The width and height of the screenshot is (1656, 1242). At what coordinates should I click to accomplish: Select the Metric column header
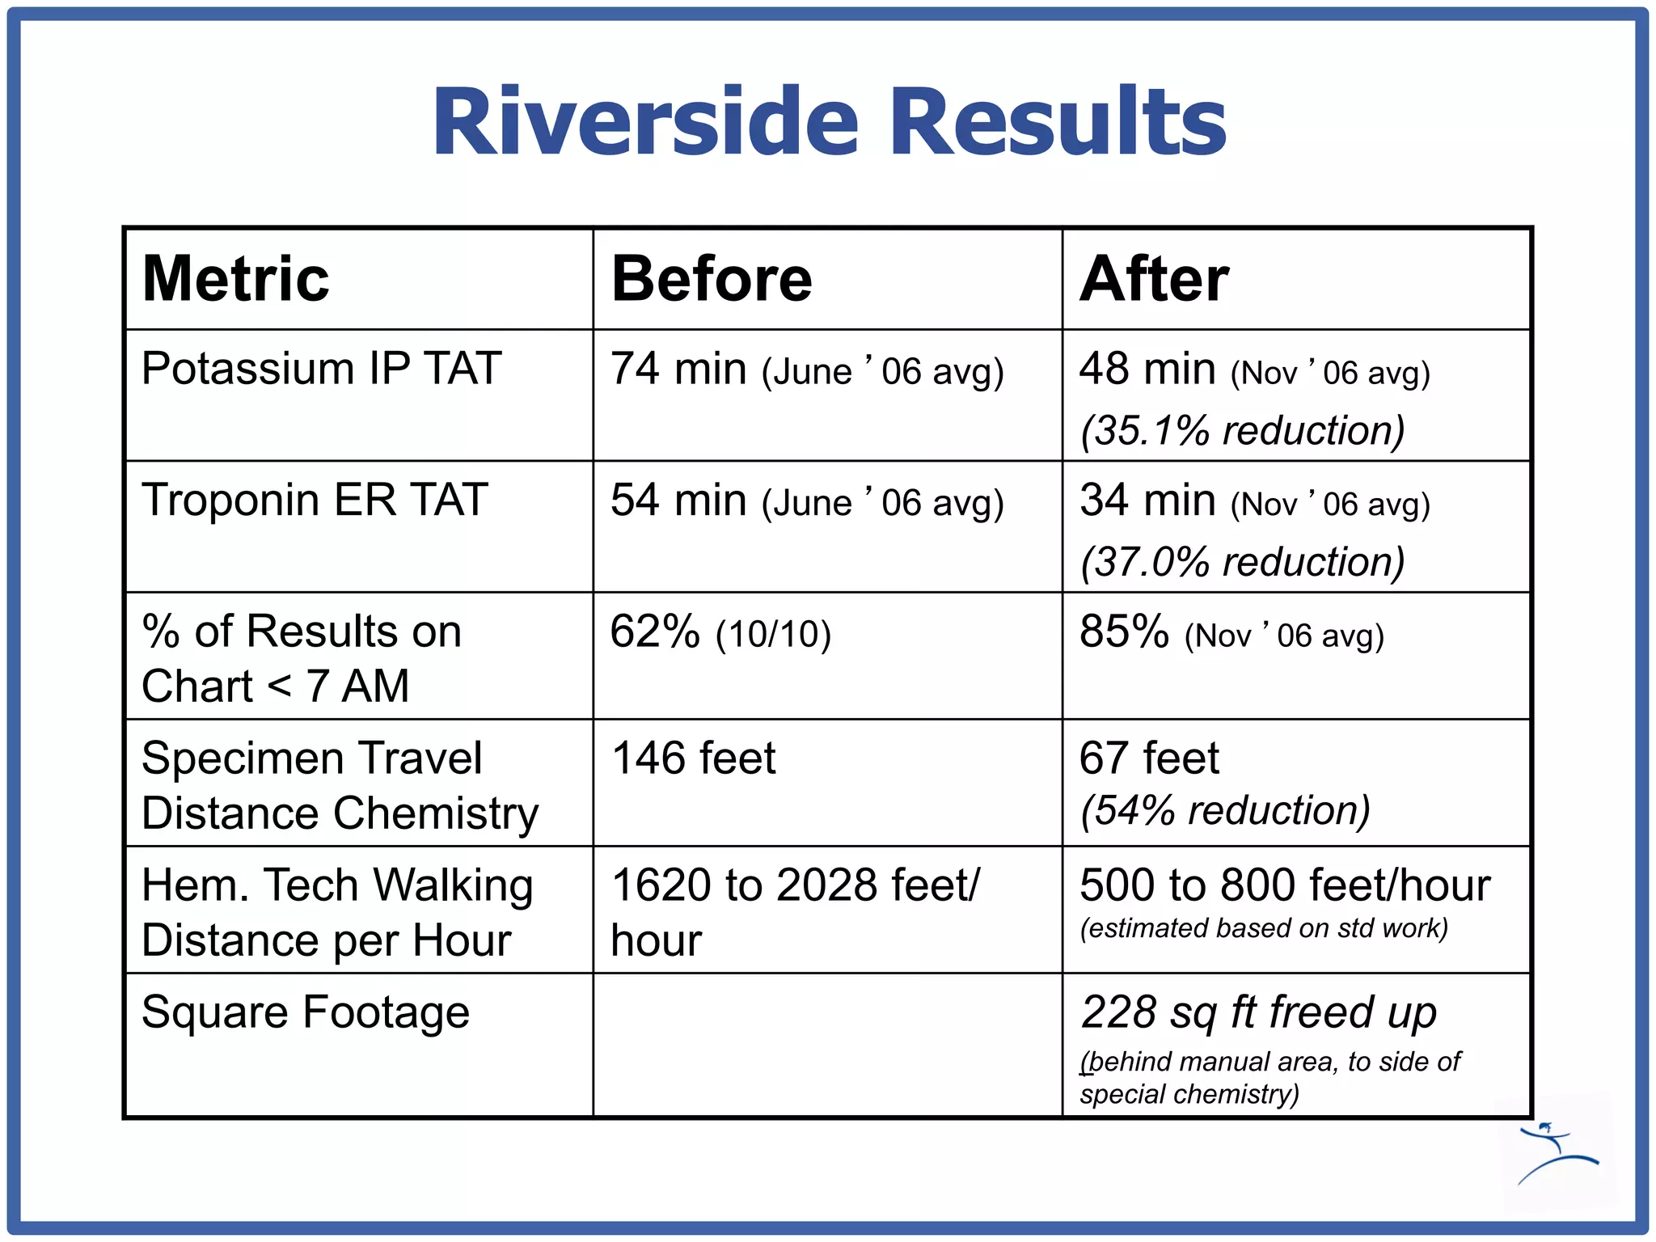235,279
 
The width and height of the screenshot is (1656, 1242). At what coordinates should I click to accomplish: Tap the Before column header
712,279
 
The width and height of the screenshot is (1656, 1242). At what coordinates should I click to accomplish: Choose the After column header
1154,279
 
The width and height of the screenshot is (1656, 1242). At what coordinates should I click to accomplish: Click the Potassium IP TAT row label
321,369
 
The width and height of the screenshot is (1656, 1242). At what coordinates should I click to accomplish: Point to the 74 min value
678,370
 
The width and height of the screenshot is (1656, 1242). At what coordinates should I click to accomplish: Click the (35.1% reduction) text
1243,430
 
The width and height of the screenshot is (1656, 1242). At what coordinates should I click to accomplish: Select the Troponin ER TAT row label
315,500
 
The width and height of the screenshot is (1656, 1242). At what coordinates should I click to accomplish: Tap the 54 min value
678,501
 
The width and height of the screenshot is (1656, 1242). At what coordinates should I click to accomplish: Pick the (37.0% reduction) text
1243,562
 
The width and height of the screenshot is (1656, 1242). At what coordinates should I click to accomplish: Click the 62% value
655,632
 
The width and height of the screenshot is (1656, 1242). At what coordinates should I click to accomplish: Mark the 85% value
1124,632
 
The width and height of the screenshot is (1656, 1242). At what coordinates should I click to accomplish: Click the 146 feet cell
693,758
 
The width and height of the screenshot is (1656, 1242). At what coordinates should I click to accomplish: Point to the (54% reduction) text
1225,810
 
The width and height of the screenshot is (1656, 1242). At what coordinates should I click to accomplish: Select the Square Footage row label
305,1012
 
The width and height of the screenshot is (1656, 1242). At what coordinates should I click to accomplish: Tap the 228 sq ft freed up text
1258,1012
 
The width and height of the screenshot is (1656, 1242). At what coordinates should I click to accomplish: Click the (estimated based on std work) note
1263,928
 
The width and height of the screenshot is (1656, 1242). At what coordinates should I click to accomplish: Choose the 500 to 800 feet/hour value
1284,885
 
